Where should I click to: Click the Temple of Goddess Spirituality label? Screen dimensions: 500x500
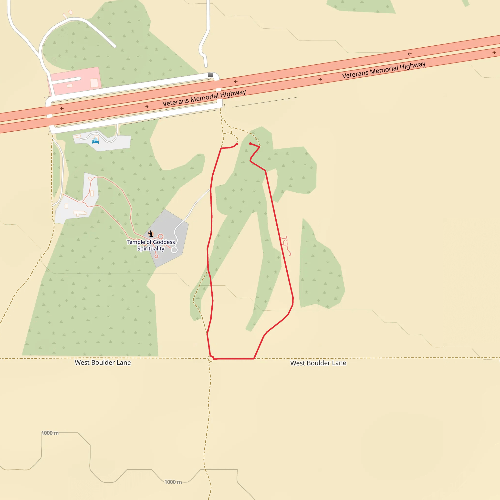[x=151, y=245]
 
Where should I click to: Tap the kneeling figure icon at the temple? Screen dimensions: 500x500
[x=151, y=234]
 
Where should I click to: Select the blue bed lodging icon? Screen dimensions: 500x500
[x=95, y=141]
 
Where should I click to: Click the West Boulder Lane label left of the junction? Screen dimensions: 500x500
[x=103, y=362]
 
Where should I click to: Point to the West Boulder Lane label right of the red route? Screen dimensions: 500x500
[x=318, y=363]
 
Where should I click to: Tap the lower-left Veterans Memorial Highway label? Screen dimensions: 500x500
[x=204, y=98]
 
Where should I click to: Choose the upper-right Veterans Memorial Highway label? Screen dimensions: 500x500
[x=384, y=70]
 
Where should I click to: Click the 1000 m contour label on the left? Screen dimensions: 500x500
[x=50, y=433]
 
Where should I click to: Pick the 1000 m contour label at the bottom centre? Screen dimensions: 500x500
[x=173, y=482]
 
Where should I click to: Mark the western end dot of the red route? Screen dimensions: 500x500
[x=237, y=144]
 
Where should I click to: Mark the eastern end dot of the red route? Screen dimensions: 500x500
[x=250, y=144]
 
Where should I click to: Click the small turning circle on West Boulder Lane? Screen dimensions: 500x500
[x=210, y=359]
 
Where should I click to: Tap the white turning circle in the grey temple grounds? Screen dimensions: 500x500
[x=174, y=250]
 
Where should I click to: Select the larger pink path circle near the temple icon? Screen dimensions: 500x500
[x=161, y=236]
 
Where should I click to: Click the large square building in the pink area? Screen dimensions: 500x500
[x=94, y=83]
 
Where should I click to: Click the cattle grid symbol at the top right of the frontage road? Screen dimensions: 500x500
[x=210, y=75]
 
